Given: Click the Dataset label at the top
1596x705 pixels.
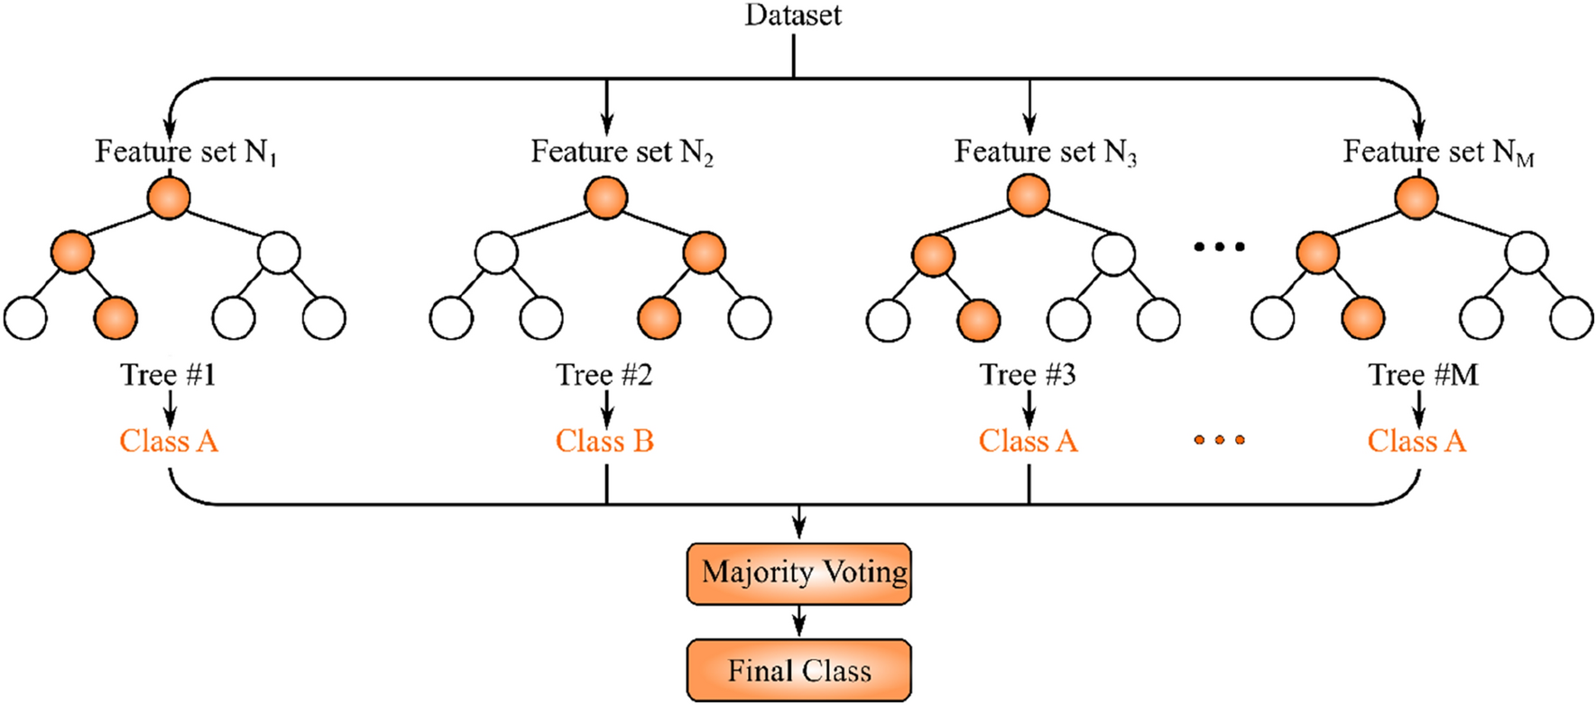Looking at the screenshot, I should click(793, 15).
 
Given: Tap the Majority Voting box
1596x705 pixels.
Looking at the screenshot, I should click(799, 573).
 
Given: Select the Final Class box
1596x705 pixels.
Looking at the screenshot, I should click(799, 671).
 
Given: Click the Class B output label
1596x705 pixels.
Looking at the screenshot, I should click(604, 441).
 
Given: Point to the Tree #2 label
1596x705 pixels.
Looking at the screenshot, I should click(604, 374).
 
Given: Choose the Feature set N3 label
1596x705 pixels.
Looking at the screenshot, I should click(1046, 151).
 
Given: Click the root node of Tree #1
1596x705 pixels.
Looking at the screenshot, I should click(169, 197).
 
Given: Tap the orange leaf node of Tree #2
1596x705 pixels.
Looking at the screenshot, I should click(660, 318).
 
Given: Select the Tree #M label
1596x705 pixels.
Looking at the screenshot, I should click(1423, 374).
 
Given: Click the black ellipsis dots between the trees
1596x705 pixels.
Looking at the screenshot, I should click(1220, 246).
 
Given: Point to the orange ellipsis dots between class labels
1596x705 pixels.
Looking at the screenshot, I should click(1220, 440).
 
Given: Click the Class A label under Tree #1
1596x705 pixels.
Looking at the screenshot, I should click(169, 441).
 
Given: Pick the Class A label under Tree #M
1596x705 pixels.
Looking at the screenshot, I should click(1416, 441).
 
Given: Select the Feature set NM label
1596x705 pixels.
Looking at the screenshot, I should click(1438, 151).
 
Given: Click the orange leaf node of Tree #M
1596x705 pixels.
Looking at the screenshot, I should click(1363, 318).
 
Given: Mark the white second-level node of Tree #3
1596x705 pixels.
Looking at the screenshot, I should click(1113, 254).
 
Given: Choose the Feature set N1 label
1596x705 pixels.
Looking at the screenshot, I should click(186, 151).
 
